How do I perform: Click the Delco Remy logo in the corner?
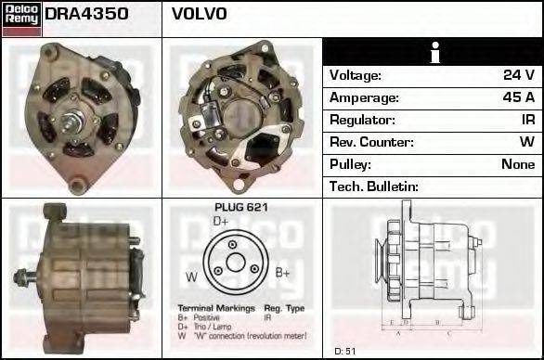click(20, 18)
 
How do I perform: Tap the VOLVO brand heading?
click(199, 15)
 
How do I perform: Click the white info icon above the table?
click(433, 52)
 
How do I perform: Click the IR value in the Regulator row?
click(526, 120)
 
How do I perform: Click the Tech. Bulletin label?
click(374, 186)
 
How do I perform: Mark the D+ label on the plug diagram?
click(220, 222)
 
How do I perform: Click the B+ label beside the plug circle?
click(283, 273)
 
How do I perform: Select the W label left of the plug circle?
click(190, 276)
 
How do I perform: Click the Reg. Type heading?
click(283, 307)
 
